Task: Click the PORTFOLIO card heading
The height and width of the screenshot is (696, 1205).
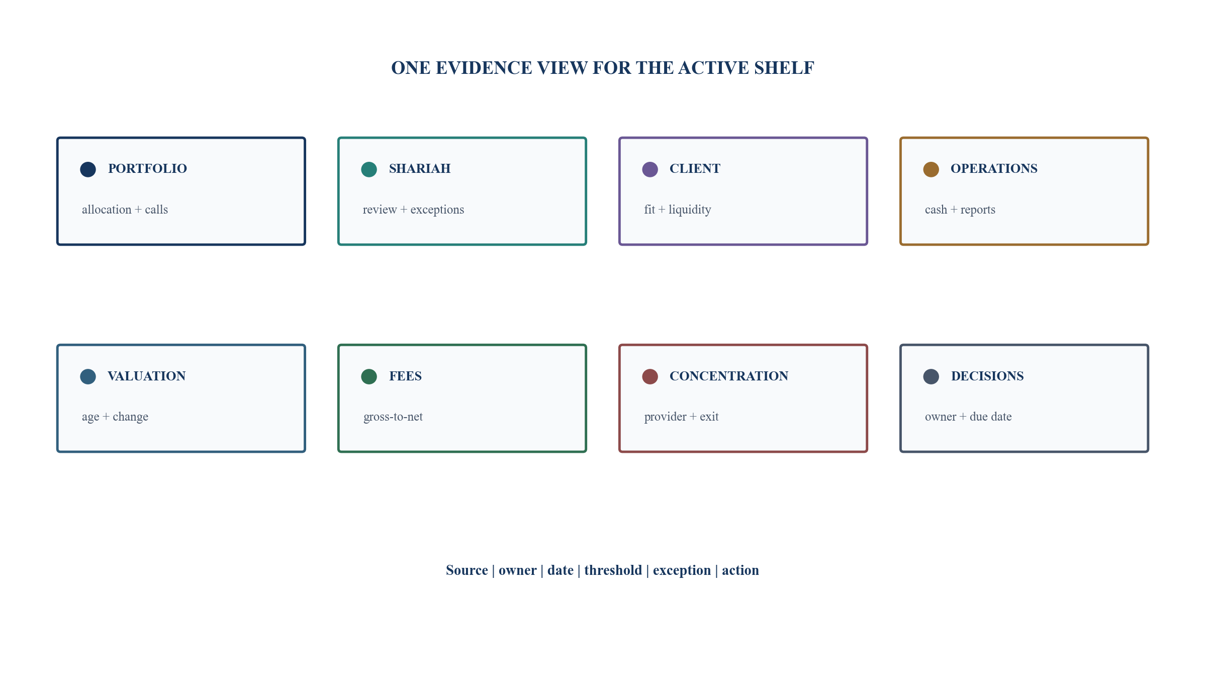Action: point(147,169)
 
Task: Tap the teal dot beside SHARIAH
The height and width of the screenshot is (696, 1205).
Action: point(369,169)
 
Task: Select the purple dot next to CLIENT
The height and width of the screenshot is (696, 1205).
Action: point(650,169)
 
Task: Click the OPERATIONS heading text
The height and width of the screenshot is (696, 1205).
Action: point(994,169)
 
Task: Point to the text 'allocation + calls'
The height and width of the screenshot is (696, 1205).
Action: point(125,210)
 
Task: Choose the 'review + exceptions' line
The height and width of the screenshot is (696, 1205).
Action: point(413,210)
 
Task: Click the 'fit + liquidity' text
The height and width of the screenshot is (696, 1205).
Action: point(678,210)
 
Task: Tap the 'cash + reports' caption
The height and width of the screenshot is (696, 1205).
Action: point(960,210)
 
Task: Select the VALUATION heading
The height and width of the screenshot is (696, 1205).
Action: point(147,376)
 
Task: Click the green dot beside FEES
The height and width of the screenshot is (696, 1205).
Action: point(369,376)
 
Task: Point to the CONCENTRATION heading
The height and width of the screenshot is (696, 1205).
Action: point(729,376)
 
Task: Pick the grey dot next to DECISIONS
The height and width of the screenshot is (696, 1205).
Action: point(931,376)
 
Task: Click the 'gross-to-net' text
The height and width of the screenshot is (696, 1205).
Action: point(393,417)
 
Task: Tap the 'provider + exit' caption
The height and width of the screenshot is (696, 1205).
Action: point(681,417)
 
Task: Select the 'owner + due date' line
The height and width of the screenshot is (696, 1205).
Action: point(968,417)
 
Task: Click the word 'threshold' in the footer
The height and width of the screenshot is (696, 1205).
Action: point(613,570)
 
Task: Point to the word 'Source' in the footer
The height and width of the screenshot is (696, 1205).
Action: point(467,570)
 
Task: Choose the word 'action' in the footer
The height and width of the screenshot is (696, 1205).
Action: point(740,570)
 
